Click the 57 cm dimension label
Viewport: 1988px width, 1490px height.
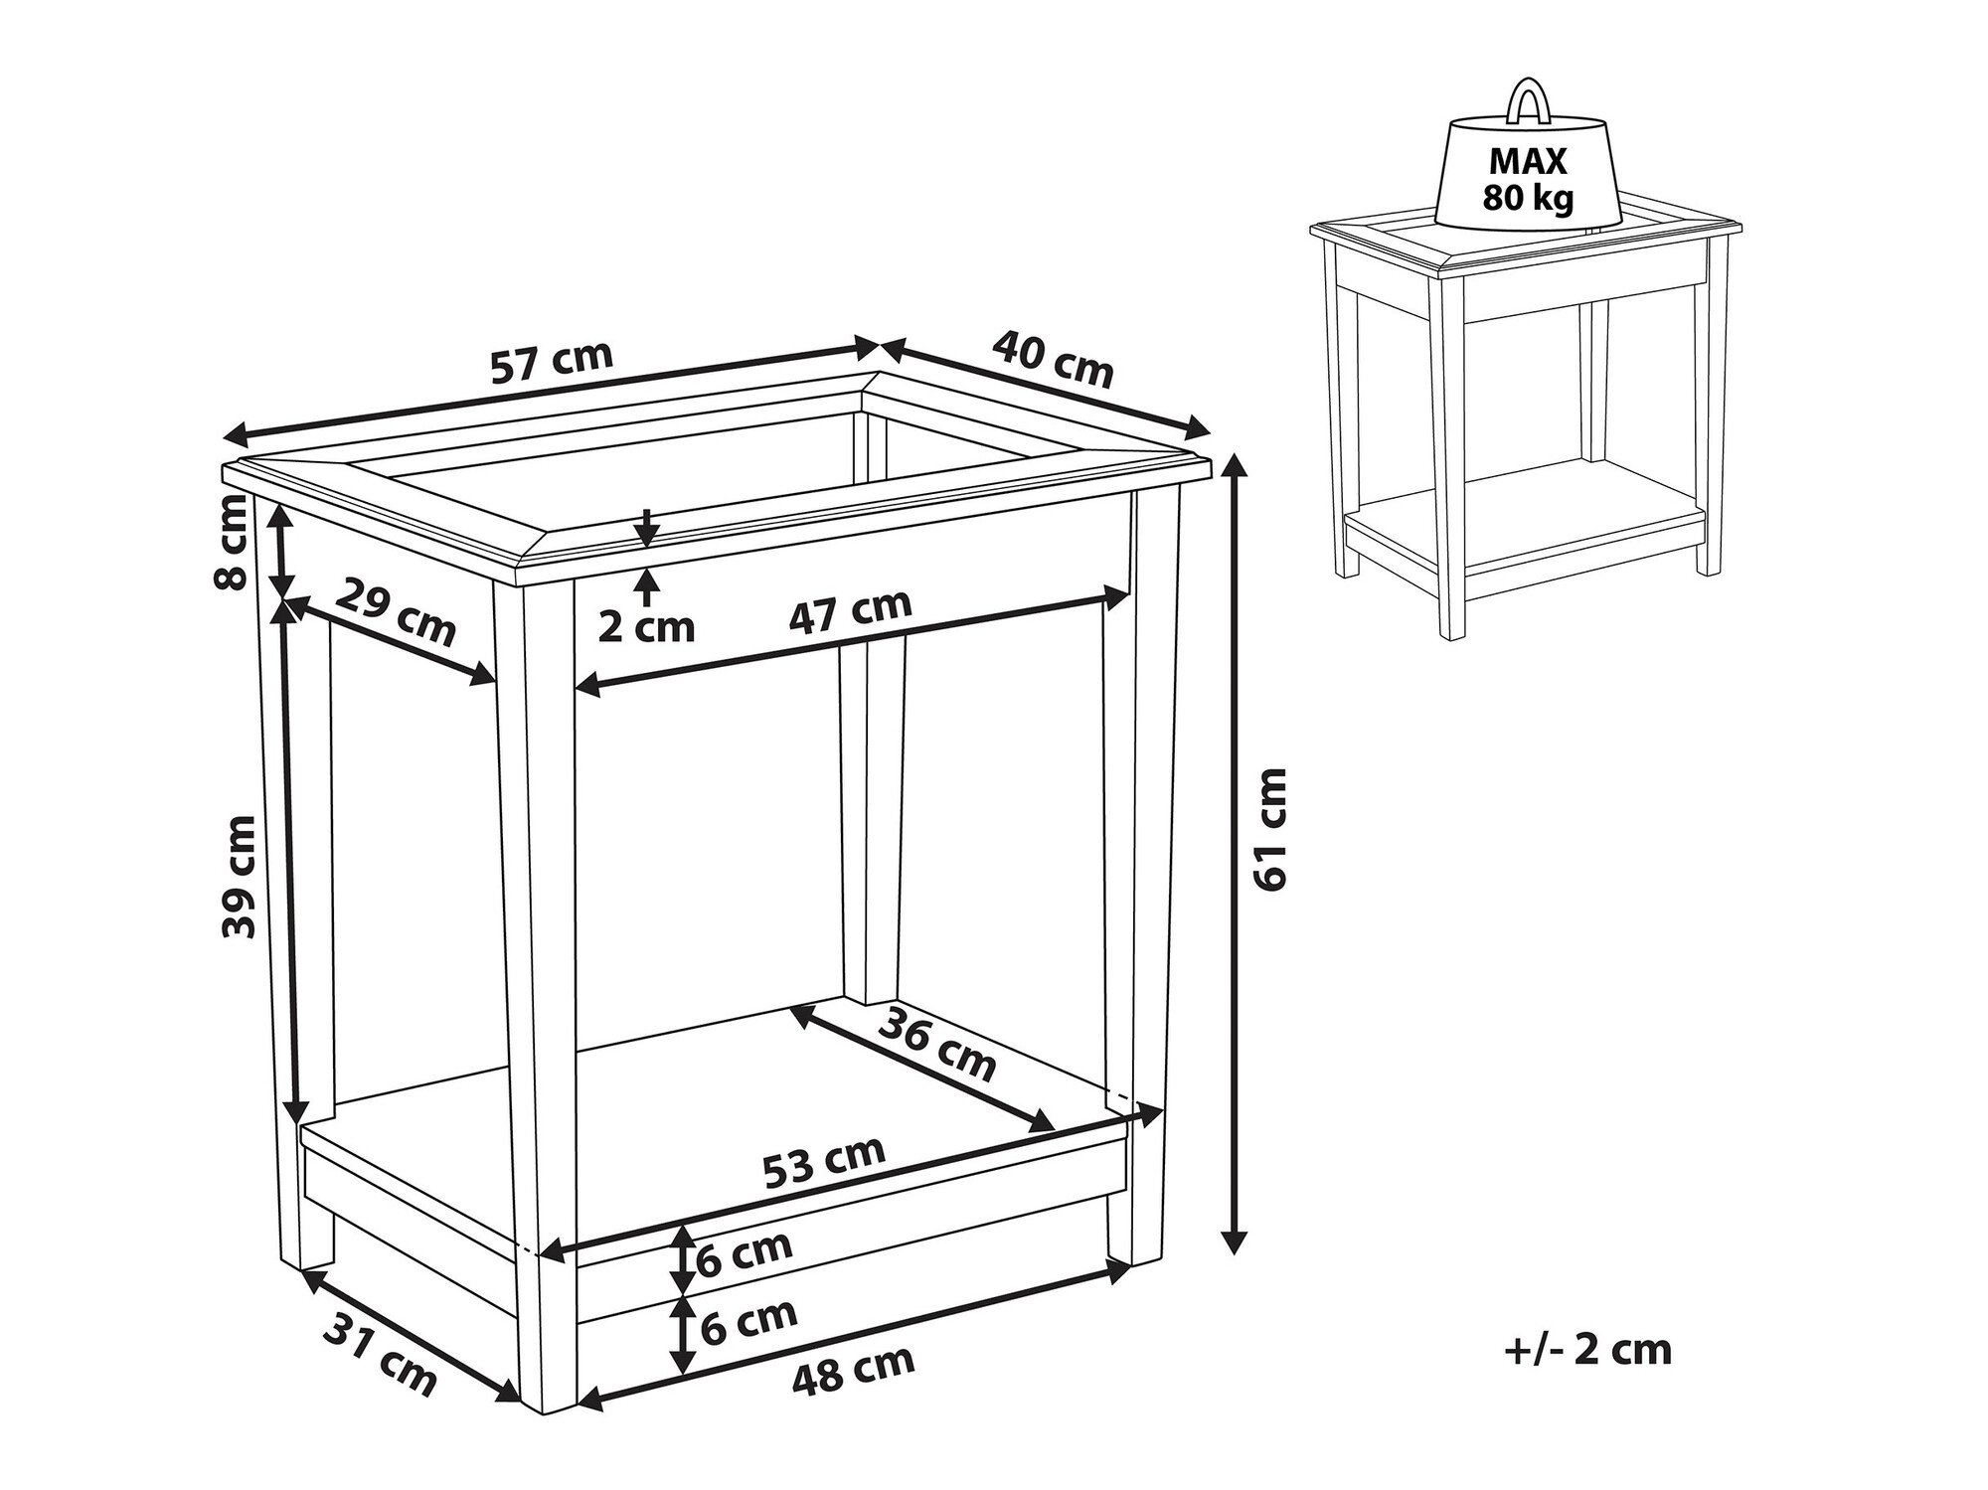(552, 363)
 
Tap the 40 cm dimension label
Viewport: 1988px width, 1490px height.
(1053, 359)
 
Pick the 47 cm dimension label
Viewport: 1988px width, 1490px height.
(850, 610)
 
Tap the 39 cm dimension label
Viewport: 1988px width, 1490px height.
(240, 877)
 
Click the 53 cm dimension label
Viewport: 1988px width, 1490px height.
(824, 1161)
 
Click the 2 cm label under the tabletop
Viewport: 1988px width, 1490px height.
(646, 627)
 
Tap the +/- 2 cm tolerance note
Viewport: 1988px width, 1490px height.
(1588, 1350)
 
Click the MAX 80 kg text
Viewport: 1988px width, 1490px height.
(1529, 180)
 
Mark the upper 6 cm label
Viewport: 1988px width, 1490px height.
(745, 1255)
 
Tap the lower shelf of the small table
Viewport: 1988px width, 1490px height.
(1522, 518)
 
